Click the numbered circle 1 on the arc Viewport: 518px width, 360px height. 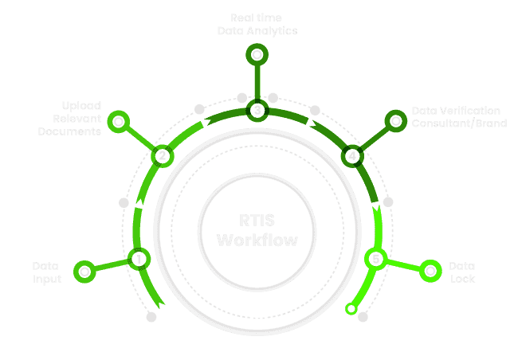tap(139, 258)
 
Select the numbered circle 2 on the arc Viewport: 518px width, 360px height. tap(162, 155)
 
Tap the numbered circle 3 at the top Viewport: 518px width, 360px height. tap(257, 110)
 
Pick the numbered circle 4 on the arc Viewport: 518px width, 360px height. tap(351, 155)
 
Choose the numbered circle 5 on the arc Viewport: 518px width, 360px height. tap(375, 259)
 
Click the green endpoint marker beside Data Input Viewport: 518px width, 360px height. tap(84, 271)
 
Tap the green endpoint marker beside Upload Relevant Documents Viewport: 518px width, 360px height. tap(118, 122)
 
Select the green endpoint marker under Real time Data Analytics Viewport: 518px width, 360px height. tap(257, 55)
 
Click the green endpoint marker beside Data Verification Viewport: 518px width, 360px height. tap(394, 121)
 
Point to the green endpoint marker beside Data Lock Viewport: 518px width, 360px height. tap(430, 271)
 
